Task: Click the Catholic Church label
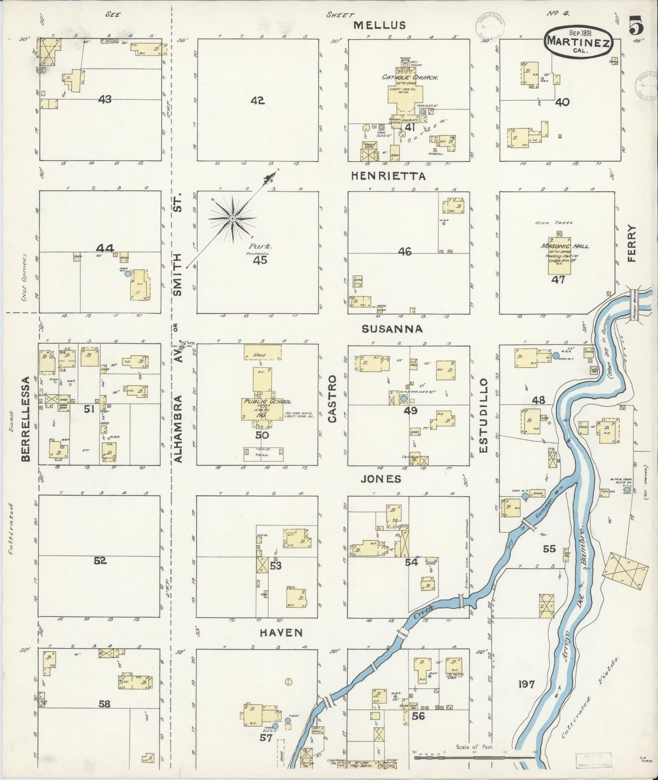pos(410,78)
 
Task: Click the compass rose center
pos(232,219)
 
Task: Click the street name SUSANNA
pos(392,329)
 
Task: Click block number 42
pos(257,101)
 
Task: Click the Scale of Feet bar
pos(474,758)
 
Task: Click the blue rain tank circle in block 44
pos(128,274)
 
